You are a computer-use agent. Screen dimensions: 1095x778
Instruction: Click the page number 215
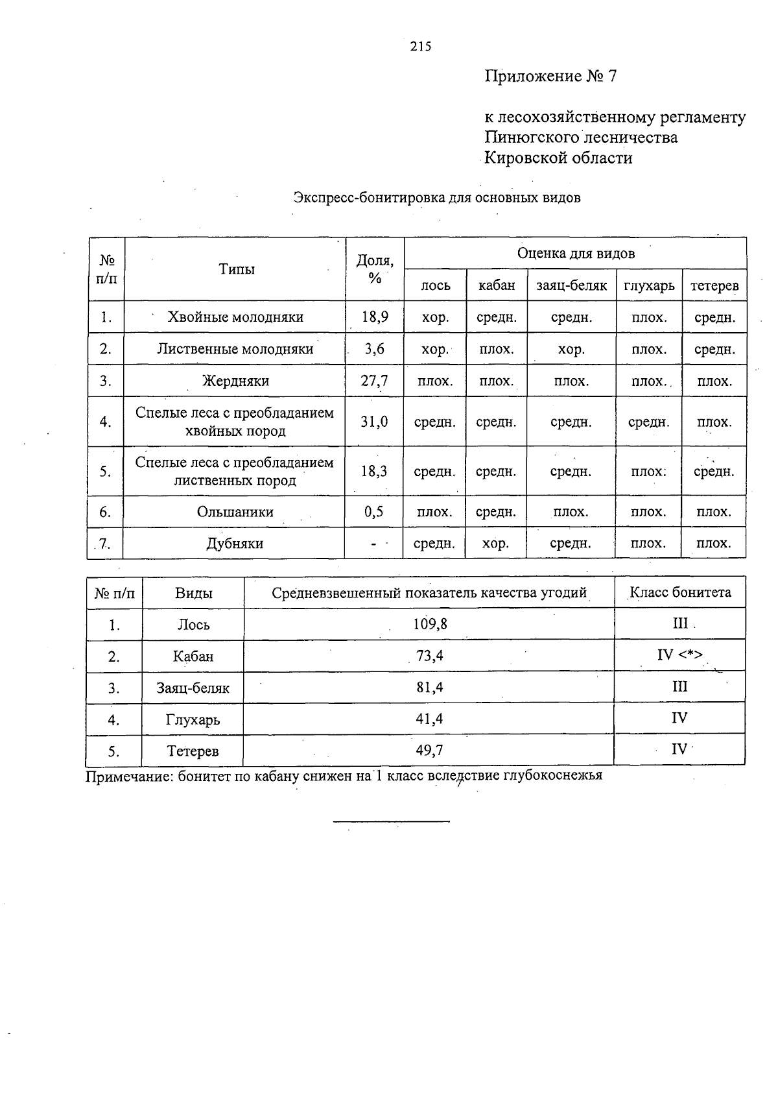coord(420,46)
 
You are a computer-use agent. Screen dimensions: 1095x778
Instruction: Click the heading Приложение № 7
coord(550,77)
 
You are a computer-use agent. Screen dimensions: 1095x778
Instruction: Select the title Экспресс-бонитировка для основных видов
coord(436,197)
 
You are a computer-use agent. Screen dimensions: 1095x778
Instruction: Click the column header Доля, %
coord(375,269)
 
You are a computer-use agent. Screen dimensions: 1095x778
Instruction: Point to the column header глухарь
coord(649,285)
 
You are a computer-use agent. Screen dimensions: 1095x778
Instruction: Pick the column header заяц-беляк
coord(571,285)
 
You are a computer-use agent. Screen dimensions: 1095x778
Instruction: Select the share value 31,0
coord(374,422)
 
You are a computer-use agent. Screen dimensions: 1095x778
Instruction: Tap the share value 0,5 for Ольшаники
coord(374,512)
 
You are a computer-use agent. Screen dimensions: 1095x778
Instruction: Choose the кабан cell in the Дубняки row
coord(495,544)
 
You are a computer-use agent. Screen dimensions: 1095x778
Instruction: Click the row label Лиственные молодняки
coord(235,349)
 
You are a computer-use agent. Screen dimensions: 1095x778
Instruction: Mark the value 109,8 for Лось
coord(430,624)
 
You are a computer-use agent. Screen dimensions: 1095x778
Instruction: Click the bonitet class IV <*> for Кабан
coord(679,655)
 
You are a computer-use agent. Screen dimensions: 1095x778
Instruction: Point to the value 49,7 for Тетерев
coord(429,751)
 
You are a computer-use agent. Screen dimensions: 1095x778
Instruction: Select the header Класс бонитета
coord(680,592)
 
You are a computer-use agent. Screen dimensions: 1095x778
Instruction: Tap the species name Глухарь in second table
coord(193,719)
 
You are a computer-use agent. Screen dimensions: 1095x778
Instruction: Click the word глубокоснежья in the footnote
coord(552,775)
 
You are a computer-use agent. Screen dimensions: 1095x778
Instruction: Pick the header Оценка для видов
coord(576,254)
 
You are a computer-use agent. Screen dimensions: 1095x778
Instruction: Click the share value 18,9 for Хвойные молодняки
coord(375,317)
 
